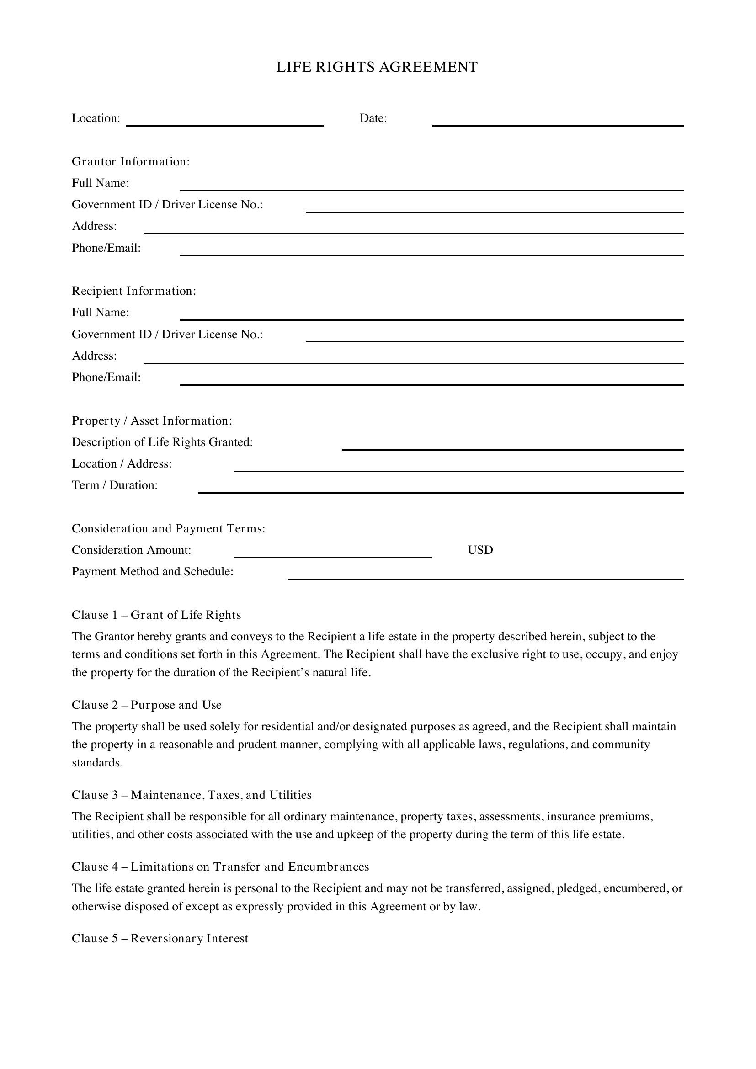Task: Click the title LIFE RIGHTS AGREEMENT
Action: pos(377,67)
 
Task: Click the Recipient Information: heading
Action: pos(134,291)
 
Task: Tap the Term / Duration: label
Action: pos(115,485)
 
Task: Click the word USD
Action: pos(480,550)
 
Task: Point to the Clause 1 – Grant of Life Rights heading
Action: pos(156,615)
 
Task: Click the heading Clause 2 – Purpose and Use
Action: pos(147,705)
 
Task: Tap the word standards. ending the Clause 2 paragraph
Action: pos(97,763)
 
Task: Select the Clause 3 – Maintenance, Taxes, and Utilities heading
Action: pos(192,795)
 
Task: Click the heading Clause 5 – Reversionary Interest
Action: pos(160,938)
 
